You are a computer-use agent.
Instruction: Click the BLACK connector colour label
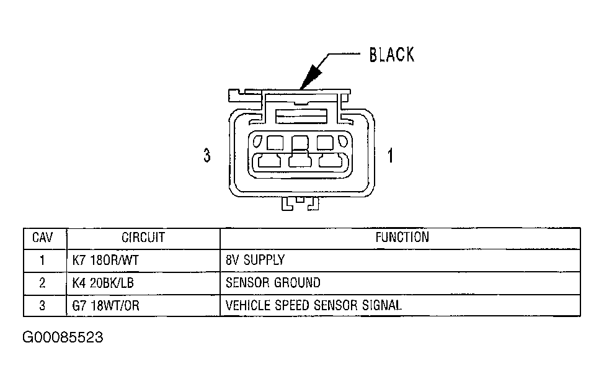pyautogui.click(x=392, y=55)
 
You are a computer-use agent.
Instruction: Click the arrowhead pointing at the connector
pyautogui.click(x=311, y=76)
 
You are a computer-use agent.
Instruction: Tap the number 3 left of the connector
pyautogui.click(x=207, y=155)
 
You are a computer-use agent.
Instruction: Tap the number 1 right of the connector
pyautogui.click(x=390, y=155)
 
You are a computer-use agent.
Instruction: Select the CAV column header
pyautogui.click(x=42, y=238)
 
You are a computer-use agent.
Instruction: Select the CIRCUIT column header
pyautogui.click(x=143, y=238)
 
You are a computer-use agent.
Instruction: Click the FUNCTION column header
pyautogui.click(x=402, y=237)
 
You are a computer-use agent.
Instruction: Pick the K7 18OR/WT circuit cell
pyautogui.click(x=105, y=260)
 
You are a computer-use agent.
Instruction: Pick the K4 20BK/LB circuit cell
pyautogui.click(x=103, y=283)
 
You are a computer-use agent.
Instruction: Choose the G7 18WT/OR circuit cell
pyautogui.click(x=105, y=306)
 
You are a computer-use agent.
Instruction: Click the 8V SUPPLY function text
pyautogui.click(x=255, y=260)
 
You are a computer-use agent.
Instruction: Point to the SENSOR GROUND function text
pyautogui.click(x=273, y=282)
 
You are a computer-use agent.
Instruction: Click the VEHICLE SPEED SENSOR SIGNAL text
pyautogui.click(x=314, y=305)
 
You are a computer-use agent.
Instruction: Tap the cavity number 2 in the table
pyautogui.click(x=42, y=284)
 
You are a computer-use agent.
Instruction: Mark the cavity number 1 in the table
pyautogui.click(x=42, y=261)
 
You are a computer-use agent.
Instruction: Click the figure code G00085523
pyautogui.click(x=63, y=338)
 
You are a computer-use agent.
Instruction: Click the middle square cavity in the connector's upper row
pyautogui.click(x=300, y=143)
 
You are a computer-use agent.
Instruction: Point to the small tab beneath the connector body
pyautogui.click(x=301, y=203)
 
